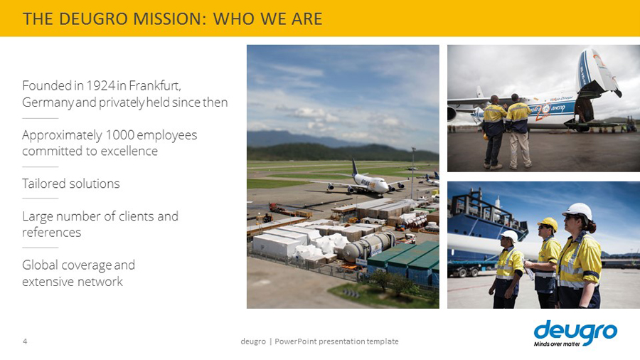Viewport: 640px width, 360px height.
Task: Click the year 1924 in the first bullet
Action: point(101,85)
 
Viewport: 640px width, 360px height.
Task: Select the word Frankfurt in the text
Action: point(155,85)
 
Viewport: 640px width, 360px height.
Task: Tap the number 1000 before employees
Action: point(120,134)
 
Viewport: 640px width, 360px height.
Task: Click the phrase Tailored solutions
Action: point(71,184)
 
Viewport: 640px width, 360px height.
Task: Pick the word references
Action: point(52,233)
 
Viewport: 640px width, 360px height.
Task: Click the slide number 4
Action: point(25,342)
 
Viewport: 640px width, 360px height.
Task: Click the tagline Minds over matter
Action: point(557,344)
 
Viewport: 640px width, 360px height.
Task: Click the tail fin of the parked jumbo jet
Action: point(354,168)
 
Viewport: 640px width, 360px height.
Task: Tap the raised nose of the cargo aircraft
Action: point(597,71)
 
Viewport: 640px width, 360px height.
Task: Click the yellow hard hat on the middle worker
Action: point(548,223)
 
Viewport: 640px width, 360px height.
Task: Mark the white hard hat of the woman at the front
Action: point(578,211)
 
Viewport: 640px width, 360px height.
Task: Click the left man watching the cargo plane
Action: point(494,132)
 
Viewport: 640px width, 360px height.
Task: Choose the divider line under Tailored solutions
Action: point(41,198)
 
